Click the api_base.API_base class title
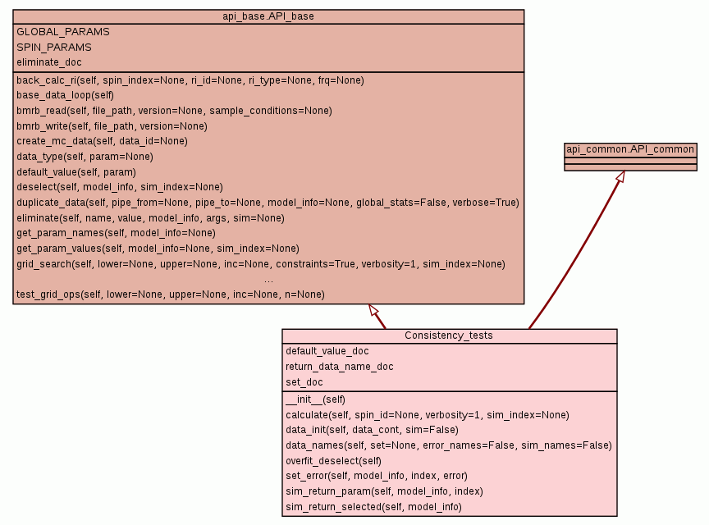tap(268, 16)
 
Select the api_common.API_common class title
tap(630, 149)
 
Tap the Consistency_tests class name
tap(449, 336)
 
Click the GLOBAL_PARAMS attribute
tap(63, 32)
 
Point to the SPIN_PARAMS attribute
tap(54, 47)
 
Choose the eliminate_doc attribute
tap(49, 62)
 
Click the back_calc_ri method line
tap(190, 80)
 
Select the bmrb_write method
tap(112, 126)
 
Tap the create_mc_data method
tap(102, 141)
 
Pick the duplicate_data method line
tap(268, 203)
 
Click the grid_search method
tap(260, 264)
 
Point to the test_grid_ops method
tap(170, 294)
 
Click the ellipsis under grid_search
tap(268, 280)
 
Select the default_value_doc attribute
tap(327, 351)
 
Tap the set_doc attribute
tap(304, 382)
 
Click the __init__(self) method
tap(315, 399)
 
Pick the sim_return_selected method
tap(373, 508)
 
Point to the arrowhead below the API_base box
tap(373, 310)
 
